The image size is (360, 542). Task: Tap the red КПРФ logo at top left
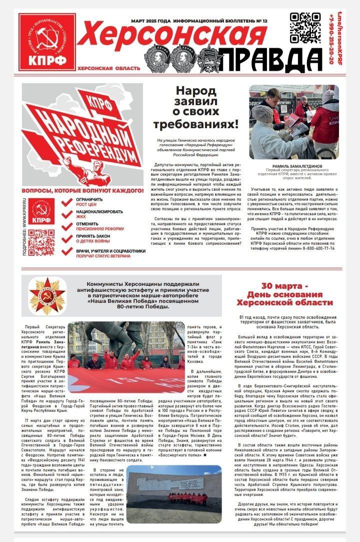click(x=47, y=42)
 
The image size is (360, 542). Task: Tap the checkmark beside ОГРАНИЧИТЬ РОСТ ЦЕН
click(x=67, y=202)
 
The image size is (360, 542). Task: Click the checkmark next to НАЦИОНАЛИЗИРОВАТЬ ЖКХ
click(x=67, y=215)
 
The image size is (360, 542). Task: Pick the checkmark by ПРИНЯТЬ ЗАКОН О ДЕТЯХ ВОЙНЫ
click(x=67, y=239)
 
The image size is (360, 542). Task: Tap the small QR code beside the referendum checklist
click(x=41, y=242)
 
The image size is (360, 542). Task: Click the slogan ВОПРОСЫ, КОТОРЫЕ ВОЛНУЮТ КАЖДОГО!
click(x=82, y=191)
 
